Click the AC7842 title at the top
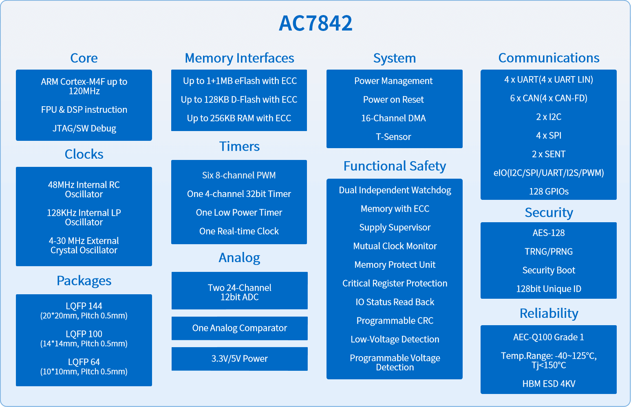[315, 23]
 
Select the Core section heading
[84, 58]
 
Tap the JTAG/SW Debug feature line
[84, 129]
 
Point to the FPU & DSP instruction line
[84, 109]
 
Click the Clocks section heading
[84, 154]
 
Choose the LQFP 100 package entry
[84, 339]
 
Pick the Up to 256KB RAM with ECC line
[239, 118]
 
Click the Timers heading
[239, 147]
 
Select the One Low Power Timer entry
[239, 212]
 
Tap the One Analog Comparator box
[239, 328]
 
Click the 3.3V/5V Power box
[239, 359]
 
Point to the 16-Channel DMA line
[393, 118]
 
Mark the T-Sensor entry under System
[393, 137]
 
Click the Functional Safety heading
[395, 166]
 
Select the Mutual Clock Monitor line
[395, 246]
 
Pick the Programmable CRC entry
[395, 321]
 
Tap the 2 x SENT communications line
[549, 154]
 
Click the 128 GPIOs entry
[549, 192]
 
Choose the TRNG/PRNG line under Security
[549, 252]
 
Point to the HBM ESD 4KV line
[549, 384]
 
